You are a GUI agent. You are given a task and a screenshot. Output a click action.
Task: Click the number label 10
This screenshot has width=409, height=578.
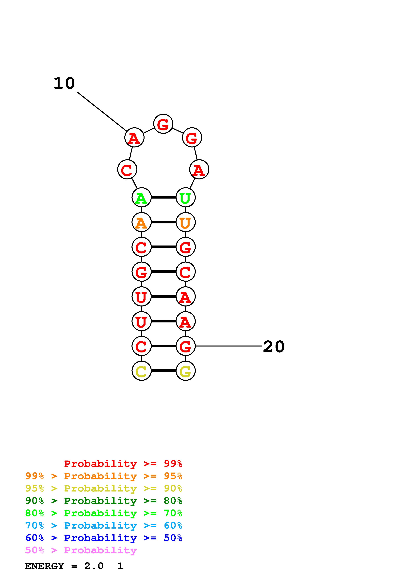[x=64, y=83]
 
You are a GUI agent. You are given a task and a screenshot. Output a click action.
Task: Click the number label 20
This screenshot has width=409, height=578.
[x=274, y=347]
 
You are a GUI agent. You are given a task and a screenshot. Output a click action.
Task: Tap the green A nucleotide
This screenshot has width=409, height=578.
[x=141, y=197]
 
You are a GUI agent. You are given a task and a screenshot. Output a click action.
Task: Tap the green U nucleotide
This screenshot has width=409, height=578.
[x=185, y=197]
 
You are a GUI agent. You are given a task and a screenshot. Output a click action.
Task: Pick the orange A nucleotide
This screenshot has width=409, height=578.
[x=141, y=222]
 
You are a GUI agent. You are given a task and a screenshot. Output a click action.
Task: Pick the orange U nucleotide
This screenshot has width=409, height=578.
[x=185, y=222]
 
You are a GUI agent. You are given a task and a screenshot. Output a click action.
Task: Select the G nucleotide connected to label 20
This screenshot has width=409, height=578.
[x=185, y=346]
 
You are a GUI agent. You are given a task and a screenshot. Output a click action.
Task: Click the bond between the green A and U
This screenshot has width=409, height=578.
[x=163, y=197]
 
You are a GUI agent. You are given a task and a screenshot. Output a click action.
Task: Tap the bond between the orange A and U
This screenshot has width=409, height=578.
[x=163, y=222]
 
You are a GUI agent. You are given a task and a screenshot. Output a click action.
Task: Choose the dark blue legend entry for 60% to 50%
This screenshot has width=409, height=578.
[x=104, y=538]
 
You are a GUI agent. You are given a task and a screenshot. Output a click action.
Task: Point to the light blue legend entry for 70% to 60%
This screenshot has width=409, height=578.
[x=104, y=525]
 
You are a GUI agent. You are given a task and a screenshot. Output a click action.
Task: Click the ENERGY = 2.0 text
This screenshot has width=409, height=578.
[x=64, y=566]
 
